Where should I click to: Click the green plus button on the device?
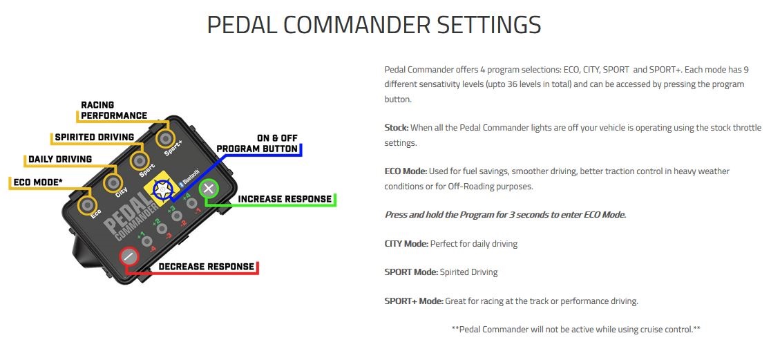[209, 189]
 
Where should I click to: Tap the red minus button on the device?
[128, 256]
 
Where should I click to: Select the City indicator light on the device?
[113, 182]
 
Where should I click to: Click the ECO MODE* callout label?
[38, 182]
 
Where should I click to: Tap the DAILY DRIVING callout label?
[60, 160]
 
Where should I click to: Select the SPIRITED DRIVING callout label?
[95, 138]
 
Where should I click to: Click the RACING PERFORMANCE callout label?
[113, 110]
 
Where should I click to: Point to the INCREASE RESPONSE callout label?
[285, 199]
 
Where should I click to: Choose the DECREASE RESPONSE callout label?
[206, 267]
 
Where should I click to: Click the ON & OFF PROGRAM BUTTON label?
[257, 144]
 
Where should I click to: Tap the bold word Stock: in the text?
[397, 128]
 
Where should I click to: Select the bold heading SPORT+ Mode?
[414, 301]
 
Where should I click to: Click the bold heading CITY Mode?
[406, 243]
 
